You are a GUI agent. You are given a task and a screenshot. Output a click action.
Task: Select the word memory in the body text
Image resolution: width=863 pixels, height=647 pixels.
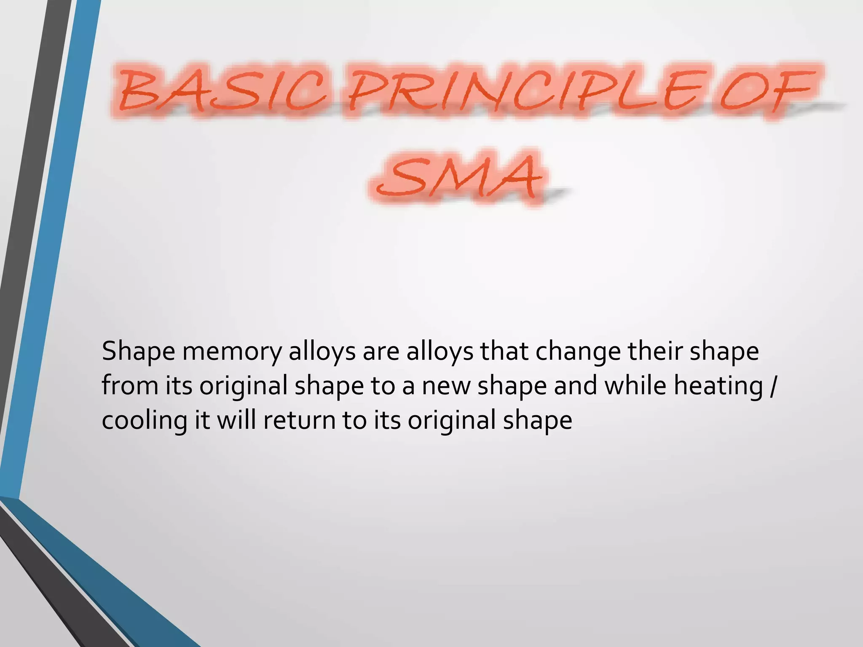(232, 352)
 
